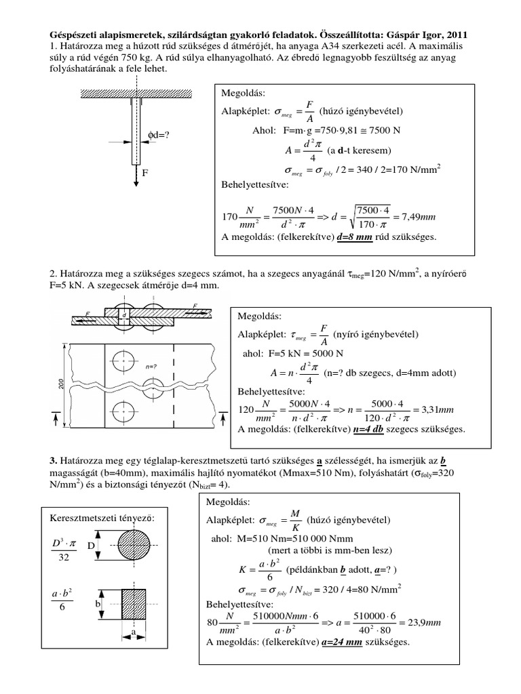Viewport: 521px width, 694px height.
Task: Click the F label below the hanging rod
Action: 144,173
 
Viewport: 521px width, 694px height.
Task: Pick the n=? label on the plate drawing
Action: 161,365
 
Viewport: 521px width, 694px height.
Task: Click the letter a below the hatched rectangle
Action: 133,631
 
